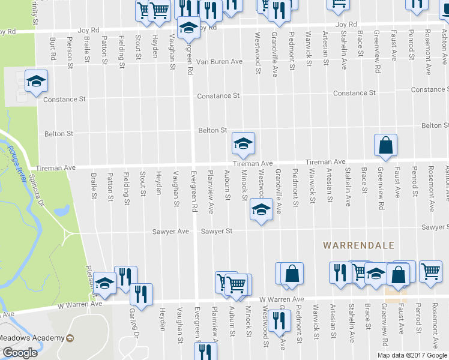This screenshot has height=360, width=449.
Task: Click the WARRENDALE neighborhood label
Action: coord(358,245)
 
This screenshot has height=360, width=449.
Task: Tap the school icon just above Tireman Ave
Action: coord(243,143)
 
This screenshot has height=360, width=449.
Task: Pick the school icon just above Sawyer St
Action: coord(261,211)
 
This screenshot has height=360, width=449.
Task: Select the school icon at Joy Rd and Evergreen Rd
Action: coord(188,28)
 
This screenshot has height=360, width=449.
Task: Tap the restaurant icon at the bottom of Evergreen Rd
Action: coord(205,350)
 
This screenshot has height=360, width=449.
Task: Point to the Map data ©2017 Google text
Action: coord(412,355)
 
